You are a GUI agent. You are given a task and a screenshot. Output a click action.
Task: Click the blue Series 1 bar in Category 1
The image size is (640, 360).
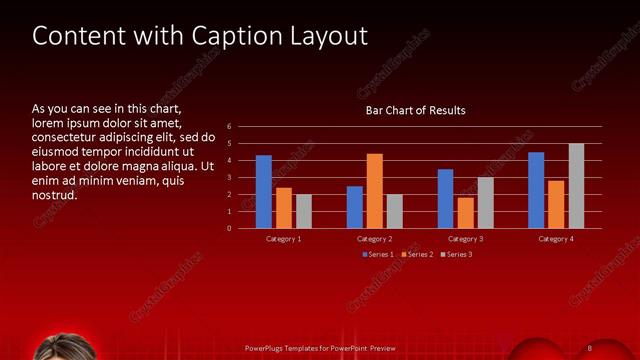click(263, 192)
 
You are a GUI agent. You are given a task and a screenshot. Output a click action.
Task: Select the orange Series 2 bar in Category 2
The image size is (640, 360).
click(375, 191)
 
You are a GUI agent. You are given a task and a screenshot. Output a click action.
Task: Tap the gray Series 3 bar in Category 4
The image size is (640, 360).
click(576, 186)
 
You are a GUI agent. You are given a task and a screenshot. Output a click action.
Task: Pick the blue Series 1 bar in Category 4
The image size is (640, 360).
click(536, 190)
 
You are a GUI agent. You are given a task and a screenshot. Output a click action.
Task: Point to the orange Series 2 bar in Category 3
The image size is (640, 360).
click(465, 213)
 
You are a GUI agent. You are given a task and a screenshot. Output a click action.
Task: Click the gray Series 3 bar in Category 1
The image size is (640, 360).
click(304, 211)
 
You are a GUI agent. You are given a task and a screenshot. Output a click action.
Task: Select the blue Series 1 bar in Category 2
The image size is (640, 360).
click(355, 207)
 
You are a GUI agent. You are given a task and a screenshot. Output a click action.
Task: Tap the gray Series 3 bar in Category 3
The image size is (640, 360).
click(485, 203)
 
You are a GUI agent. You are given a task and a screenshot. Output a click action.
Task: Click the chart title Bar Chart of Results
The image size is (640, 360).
click(415, 110)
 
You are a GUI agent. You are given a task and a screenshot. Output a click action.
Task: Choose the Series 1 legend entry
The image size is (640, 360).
click(379, 255)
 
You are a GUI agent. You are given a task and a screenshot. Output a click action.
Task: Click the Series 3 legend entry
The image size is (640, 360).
click(458, 255)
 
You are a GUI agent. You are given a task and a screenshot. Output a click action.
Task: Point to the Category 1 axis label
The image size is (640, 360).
click(283, 239)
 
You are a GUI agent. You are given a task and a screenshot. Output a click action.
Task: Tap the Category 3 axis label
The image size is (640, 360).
click(465, 239)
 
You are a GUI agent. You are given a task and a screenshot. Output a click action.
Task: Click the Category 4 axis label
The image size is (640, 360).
click(556, 239)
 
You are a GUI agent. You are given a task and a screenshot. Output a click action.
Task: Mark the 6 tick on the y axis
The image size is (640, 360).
click(230, 127)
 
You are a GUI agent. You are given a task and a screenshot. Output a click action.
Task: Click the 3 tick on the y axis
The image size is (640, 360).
click(230, 178)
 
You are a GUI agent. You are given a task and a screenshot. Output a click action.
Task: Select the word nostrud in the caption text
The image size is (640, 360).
click(54, 195)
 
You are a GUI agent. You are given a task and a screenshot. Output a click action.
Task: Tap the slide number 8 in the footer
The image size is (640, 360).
click(590, 347)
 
